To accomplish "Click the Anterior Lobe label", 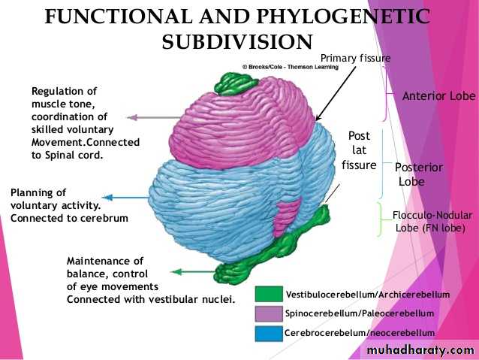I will pyautogui.click(x=438, y=96).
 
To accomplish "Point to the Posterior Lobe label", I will pyautogui.click(x=419, y=174).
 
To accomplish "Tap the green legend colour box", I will pyautogui.click(x=268, y=293).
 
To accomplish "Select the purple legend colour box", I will pyautogui.click(x=268, y=313).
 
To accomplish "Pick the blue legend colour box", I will pyautogui.click(x=268, y=332).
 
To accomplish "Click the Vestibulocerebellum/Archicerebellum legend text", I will pyautogui.click(x=368, y=294).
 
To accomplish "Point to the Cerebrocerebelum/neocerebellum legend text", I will pyautogui.click(x=360, y=333).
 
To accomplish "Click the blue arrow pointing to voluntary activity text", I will pyautogui.click(x=120, y=198).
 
